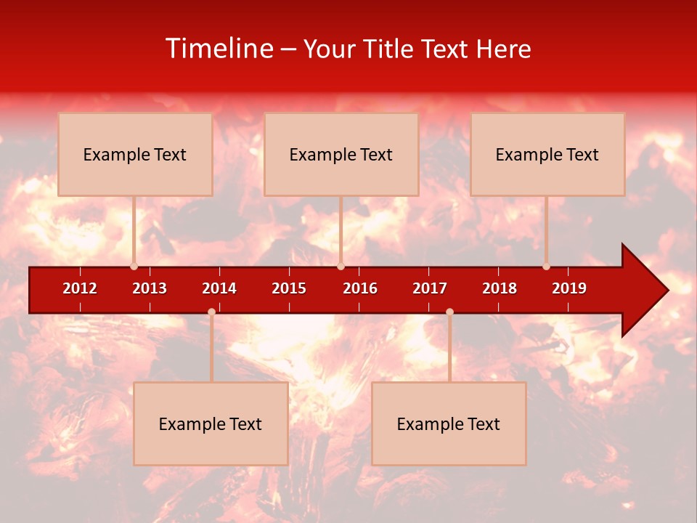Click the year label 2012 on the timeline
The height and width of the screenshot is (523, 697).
pyautogui.click(x=80, y=288)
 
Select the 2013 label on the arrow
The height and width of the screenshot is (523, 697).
pyautogui.click(x=150, y=288)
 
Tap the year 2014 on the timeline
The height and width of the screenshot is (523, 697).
pyautogui.click(x=219, y=288)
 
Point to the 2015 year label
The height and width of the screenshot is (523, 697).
pyautogui.click(x=289, y=288)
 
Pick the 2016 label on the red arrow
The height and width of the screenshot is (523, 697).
pyautogui.click(x=360, y=288)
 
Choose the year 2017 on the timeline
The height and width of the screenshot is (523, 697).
pyautogui.click(x=430, y=288)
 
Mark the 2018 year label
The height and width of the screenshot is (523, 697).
pyautogui.click(x=500, y=288)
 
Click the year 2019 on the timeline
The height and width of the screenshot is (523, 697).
pyautogui.click(x=569, y=288)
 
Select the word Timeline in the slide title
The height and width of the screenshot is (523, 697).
pyautogui.click(x=219, y=49)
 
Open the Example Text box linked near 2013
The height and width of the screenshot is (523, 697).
pyautogui.click(x=135, y=154)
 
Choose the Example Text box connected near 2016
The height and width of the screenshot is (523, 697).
pyautogui.click(x=341, y=154)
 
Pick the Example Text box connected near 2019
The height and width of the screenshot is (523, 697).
pyautogui.click(x=547, y=154)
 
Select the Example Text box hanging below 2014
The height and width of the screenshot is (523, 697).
pyautogui.click(x=211, y=423)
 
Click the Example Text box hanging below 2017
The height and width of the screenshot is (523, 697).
pyautogui.click(x=449, y=423)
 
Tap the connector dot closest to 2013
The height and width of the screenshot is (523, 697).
pyautogui.click(x=134, y=267)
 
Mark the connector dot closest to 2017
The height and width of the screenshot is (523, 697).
pyautogui.click(x=449, y=312)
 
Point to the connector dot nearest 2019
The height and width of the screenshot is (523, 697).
pyautogui.click(x=546, y=267)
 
